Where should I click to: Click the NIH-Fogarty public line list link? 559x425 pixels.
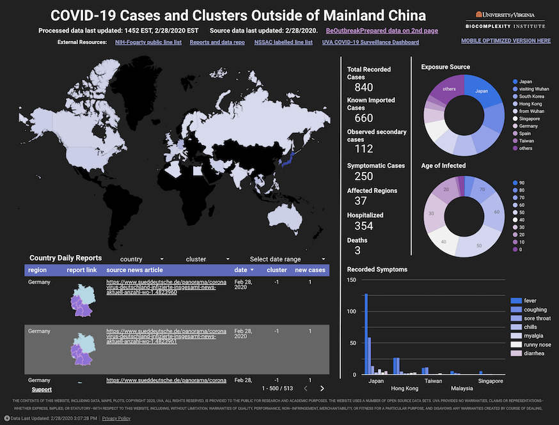pos(148,42)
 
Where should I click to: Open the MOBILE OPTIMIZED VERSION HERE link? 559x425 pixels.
pos(505,41)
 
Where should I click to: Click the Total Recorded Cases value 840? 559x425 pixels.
pos(363,88)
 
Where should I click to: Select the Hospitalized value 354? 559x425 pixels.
pos(363,226)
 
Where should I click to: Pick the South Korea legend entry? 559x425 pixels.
pos(531,97)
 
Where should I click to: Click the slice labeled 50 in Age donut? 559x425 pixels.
pos(479,245)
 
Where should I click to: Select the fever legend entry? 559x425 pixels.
pos(530,300)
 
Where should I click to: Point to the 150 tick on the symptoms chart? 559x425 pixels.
pos(350,280)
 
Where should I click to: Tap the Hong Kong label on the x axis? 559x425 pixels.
pos(404,388)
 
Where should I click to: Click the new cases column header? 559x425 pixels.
pos(310,270)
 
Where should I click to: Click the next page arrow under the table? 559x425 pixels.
pos(322,388)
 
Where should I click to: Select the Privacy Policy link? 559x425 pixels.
pos(116,418)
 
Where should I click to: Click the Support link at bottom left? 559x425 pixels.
pos(41,389)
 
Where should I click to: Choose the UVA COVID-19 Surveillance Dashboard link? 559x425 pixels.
pos(370,42)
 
